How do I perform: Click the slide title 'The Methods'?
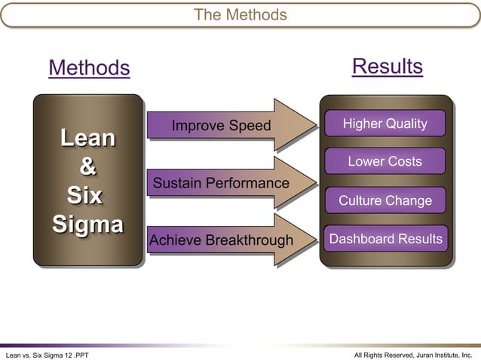coord(240,14)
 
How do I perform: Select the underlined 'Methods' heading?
coord(89,69)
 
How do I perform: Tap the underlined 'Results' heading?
coord(387,66)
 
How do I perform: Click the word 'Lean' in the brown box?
coord(88,138)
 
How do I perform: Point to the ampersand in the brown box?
coord(87,166)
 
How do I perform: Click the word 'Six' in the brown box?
coord(85,195)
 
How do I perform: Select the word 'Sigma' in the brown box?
coord(87,224)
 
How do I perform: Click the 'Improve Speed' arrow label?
coord(220,126)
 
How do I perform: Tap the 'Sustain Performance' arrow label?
coord(221,183)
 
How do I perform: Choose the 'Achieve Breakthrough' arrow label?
coord(221,240)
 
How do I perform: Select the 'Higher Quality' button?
coord(384,124)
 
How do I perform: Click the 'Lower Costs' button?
coord(384,161)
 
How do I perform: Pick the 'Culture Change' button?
coord(384,200)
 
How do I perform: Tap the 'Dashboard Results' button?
coord(384,239)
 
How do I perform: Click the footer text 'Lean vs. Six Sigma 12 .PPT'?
coord(47,354)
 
